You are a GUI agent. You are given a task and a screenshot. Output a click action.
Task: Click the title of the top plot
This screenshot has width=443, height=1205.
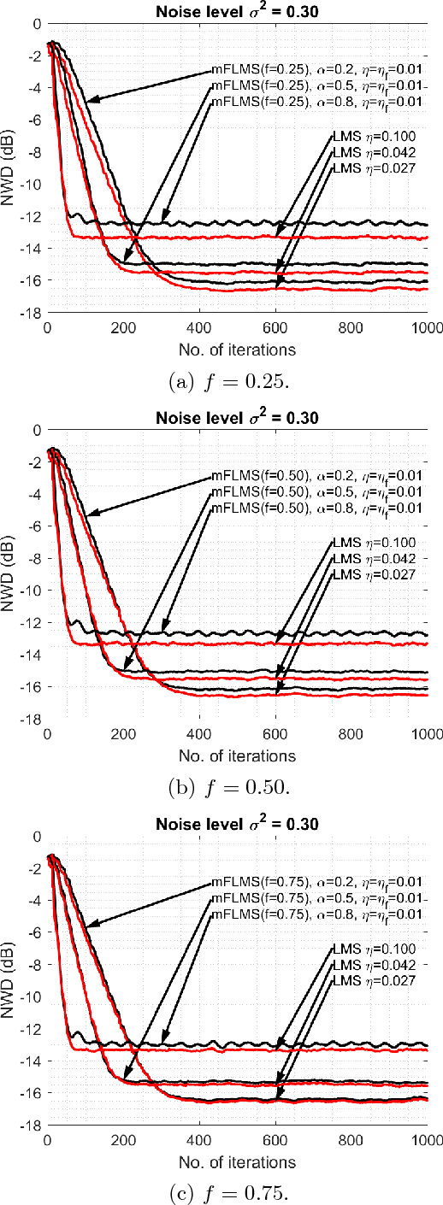pos(237,9)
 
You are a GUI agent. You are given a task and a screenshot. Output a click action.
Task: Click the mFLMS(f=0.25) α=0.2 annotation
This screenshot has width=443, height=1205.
pos(318,70)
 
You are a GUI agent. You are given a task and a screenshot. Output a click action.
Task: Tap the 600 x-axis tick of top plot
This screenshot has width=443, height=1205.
pos(275,326)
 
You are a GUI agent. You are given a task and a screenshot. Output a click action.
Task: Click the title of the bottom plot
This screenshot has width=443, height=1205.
pos(237,824)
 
